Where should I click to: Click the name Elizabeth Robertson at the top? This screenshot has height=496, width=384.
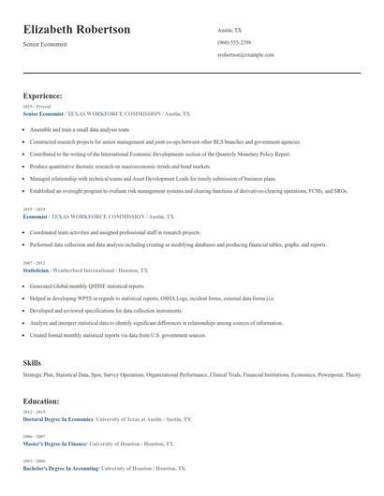77,30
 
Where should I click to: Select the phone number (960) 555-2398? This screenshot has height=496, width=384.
233,43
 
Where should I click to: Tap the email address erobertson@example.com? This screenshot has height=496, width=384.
245,55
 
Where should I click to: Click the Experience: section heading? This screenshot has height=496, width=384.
43,95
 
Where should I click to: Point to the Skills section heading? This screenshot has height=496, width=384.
33,360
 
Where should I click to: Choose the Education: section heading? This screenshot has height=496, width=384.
42,401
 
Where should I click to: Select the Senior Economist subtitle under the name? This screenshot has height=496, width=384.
45,45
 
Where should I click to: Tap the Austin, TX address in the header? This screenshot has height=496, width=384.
230,30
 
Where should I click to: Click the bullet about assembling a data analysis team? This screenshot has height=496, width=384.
80,128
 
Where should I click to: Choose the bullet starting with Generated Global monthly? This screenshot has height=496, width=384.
87,285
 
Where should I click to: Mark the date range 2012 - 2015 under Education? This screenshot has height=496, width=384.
33,413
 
